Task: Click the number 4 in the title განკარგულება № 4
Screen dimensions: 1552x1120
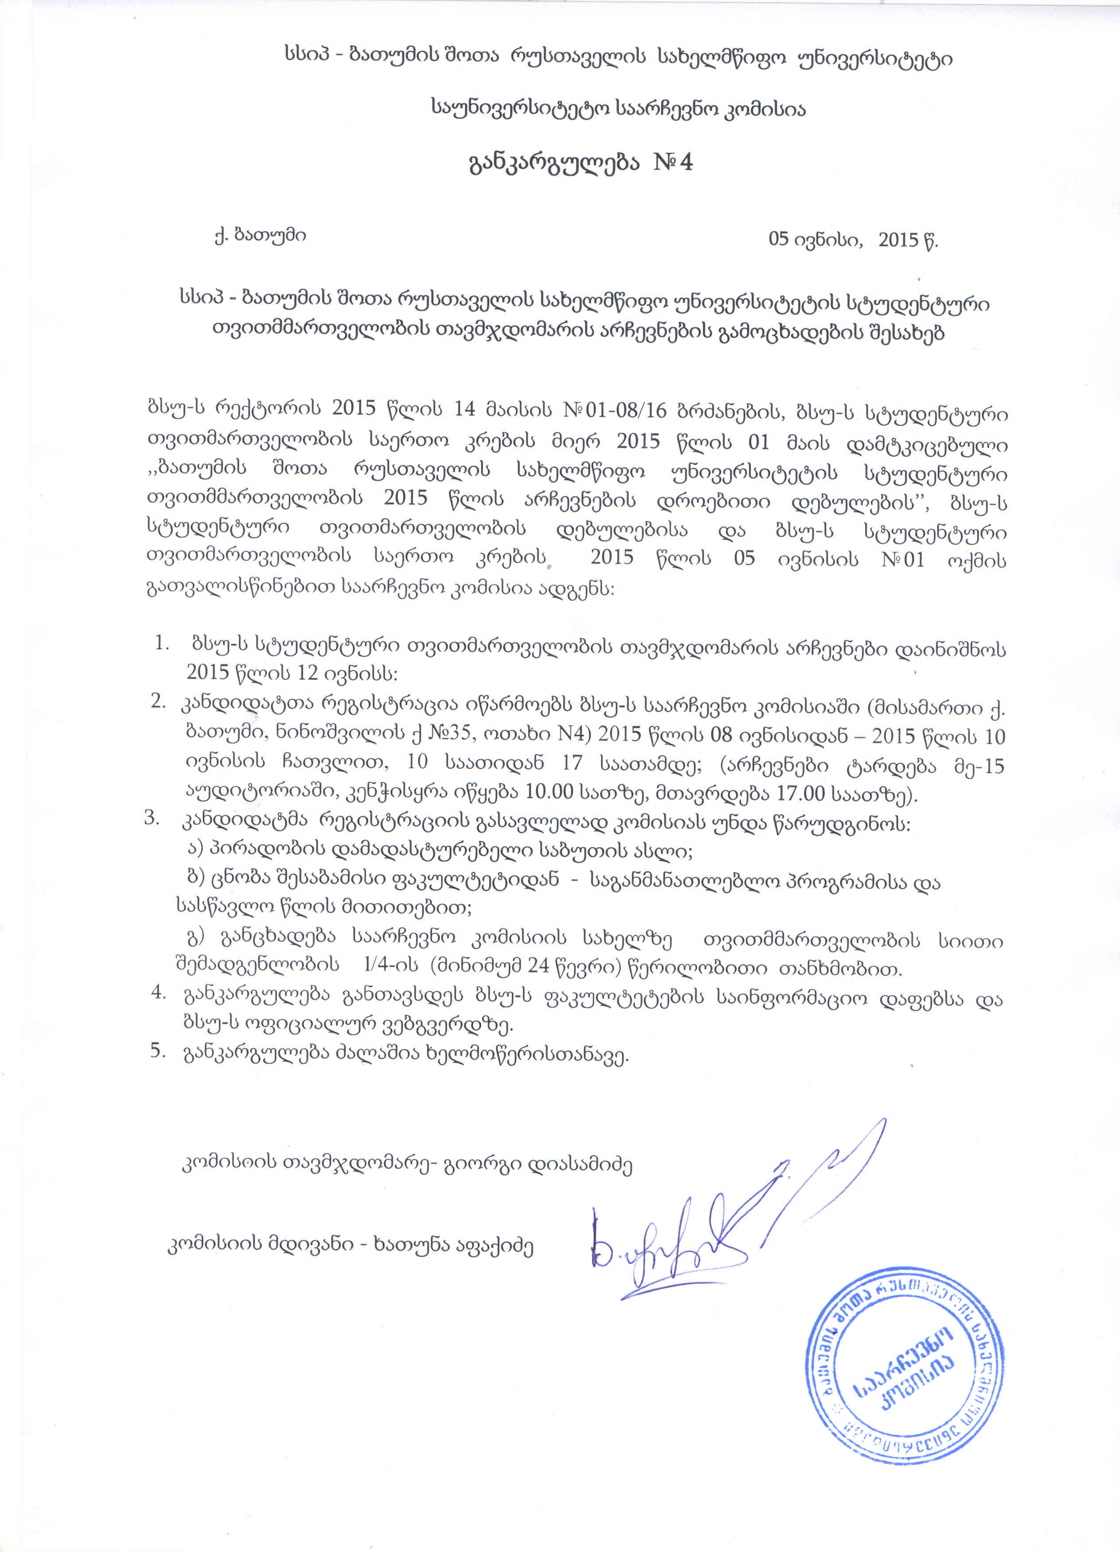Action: (x=685, y=163)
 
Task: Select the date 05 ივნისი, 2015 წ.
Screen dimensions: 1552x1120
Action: (x=852, y=240)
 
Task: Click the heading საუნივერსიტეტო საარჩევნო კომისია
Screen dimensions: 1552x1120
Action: (x=618, y=108)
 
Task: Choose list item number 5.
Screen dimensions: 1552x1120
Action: (x=157, y=1051)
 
